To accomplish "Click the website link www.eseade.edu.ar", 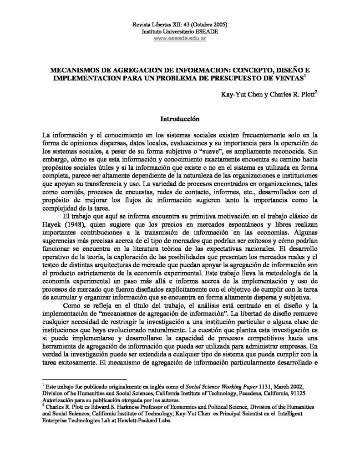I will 180,39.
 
